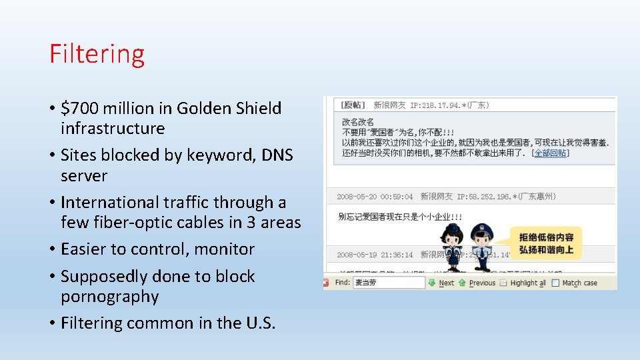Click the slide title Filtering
(97, 54)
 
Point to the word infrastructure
(112, 128)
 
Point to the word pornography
(109, 297)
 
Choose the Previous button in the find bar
(477, 283)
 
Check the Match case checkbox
(557, 283)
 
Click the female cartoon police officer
(453, 247)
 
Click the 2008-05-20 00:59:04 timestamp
(375, 197)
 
